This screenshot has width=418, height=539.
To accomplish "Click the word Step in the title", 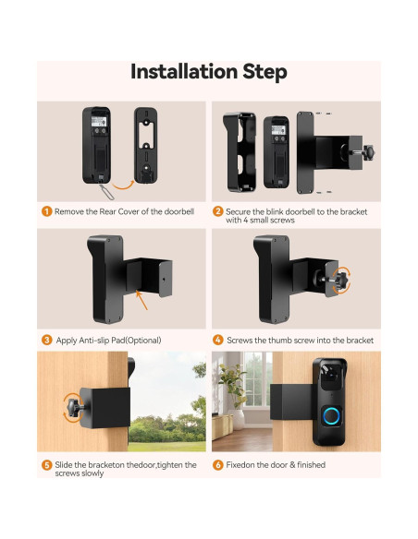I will tap(264, 72).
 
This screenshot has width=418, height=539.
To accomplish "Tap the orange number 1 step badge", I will tap(46, 212).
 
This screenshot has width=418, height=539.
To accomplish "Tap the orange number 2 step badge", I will tap(219, 212).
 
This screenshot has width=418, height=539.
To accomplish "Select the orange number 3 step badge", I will tap(46, 341).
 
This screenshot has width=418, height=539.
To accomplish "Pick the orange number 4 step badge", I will tap(219, 341).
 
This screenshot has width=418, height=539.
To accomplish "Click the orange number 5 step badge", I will tap(46, 465).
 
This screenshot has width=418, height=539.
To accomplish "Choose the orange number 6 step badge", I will tap(219, 465).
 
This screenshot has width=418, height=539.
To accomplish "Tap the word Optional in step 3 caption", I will tap(141, 341).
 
